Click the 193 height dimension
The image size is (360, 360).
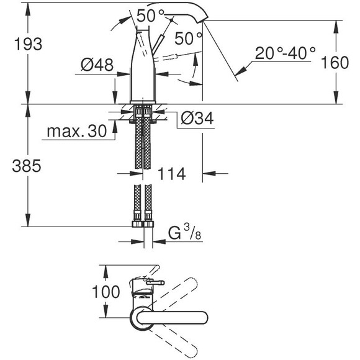pos(27,44)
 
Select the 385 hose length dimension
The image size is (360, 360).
pos(27,166)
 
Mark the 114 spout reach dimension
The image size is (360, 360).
pos(172,174)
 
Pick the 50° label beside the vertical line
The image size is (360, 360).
pos(189,38)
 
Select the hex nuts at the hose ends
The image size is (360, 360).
pos(143,220)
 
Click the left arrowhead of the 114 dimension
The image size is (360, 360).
pos(146,174)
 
